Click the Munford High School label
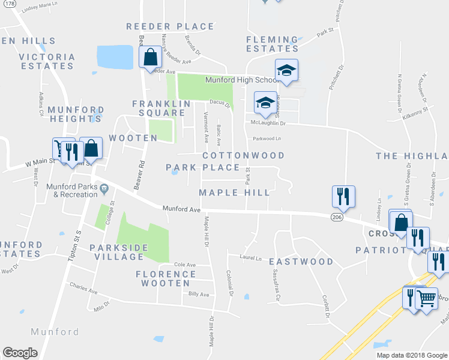tap(240, 80)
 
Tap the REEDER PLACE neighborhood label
tap(170, 26)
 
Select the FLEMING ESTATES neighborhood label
tap(272, 44)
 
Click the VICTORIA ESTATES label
tap(47, 62)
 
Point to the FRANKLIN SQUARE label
tap(158, 108)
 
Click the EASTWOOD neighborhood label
tap(301, 262)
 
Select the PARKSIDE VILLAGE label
tap(116, 252)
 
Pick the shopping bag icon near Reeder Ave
tap(149, 58)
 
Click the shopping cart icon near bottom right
tap(426, 297)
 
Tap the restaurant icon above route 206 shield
tap(342, 196)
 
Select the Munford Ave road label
tap(181, 209)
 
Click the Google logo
tap(20, 353)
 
